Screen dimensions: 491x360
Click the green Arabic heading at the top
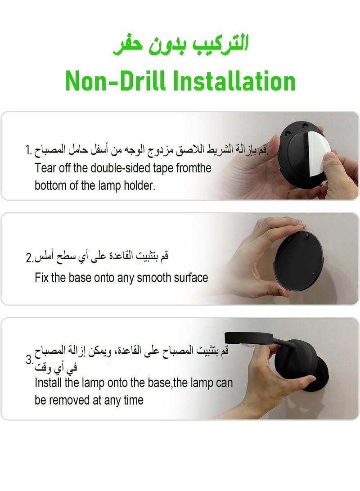(x=180, y=45)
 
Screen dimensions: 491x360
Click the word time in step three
(x=133, y=400)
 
